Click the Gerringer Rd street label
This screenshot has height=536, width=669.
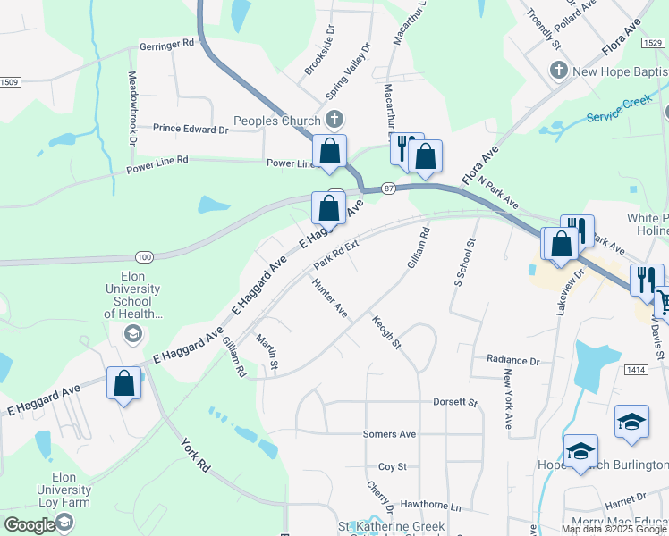(167, 43)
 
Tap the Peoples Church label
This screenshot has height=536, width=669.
(276, 121)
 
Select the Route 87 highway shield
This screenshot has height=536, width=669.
(388, 188)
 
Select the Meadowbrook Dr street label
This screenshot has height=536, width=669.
(131, 108)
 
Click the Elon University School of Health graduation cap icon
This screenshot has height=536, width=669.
(132, 333)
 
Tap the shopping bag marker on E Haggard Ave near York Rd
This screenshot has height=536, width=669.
(123, 384)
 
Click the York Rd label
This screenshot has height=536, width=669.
(194, 455)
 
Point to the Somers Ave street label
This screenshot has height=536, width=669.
(389, 434)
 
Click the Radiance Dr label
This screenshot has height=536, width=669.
(513, 361)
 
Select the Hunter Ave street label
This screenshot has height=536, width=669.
(329, 297)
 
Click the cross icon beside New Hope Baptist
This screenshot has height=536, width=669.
(559, 70)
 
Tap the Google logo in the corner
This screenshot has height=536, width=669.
(30, 525)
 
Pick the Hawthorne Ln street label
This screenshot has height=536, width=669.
(430, 507)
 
